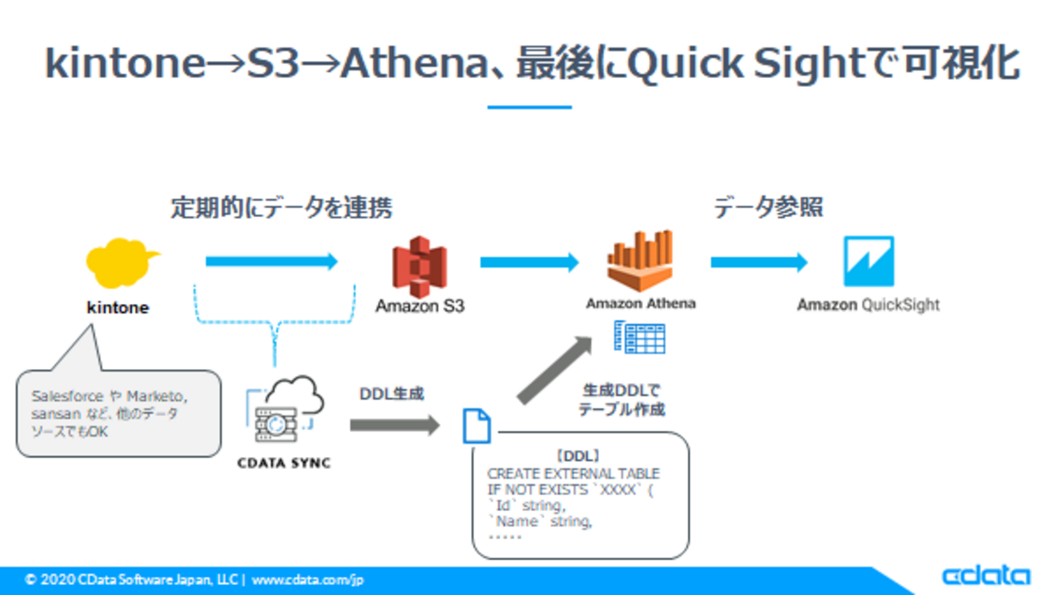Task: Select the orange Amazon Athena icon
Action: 641,261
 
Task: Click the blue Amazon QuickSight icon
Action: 868,261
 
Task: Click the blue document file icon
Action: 476,426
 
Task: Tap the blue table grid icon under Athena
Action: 640,337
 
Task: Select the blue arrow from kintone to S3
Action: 272,262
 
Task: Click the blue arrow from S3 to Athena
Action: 529,262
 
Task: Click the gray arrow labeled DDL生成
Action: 395,424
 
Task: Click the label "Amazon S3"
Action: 419,306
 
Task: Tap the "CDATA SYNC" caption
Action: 284,463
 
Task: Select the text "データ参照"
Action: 768,207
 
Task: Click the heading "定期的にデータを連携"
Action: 281,207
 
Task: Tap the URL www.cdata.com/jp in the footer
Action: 307,580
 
